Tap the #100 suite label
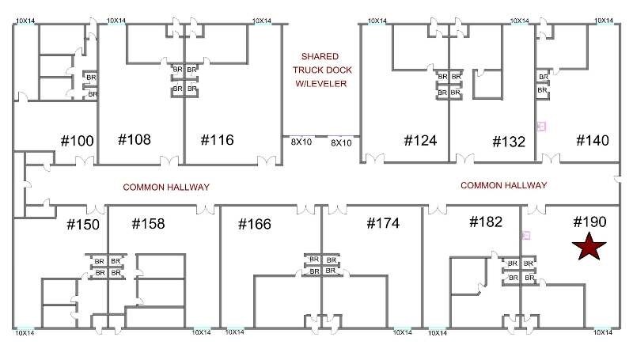click(x=78, y=142)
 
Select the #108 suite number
click(x=134, y=140)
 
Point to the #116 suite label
click(x=217, y=140)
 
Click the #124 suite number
click(x=420, y=141)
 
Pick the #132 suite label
click(x=509, y=142)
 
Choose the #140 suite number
click(x=592, y=140)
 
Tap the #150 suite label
click(x=82, y=225)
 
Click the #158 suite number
click(x=148, y=223)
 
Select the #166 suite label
click(x=254, y=225)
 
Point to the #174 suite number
click(x=383, y=223)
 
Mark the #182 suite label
click(x=486, y=222)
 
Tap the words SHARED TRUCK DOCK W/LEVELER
click(x=320, y=70)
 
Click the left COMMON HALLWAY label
click(x=165, y=188)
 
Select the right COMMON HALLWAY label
click(x=503, y=185)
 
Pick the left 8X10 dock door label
click(x=301, y=143)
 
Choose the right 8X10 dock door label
click(x=341, y=143)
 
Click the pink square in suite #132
click(x=542, y=125)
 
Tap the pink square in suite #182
click(x=526, y=235)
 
